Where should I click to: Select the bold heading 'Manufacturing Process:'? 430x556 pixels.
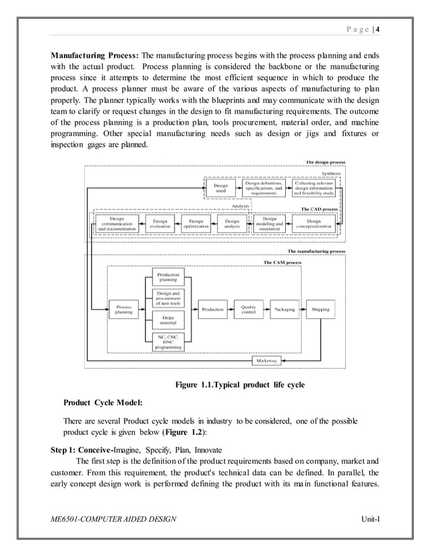pyautogui.click(x=96, y=54)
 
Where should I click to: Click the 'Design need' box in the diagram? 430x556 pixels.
pyautogui.click(x=220, y=188)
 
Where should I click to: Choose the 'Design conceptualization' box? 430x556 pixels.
pyautogui.click(x=313, y=223)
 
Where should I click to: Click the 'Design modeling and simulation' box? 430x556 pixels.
pyautogui.click(x=269, y=223)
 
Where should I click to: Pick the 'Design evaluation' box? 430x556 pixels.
pyautogui.click(x=160, y=223)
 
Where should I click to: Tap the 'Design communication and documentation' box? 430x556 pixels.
pyautogui.click(x=117, y=223)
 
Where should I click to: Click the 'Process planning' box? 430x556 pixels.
pyautogui.click(x=123, y=309)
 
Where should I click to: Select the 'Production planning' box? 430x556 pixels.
pyautogui.click(x=168, y=277)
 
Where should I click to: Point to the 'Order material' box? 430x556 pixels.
pyautogui.click(x=168, y=320)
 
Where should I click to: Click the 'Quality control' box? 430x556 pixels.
pyautogui.click(x=247, y=309)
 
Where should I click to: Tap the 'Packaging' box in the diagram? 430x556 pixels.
pyautogui.click(x=284, y=309)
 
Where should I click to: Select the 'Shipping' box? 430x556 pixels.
pyautogui.click(x=320, y=309)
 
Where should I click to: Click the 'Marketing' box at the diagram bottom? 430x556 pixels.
pyautogui.click(x=266, y=361)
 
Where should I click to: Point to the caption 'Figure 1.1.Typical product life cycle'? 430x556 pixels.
pyautogui.click(x=239, y=385)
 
